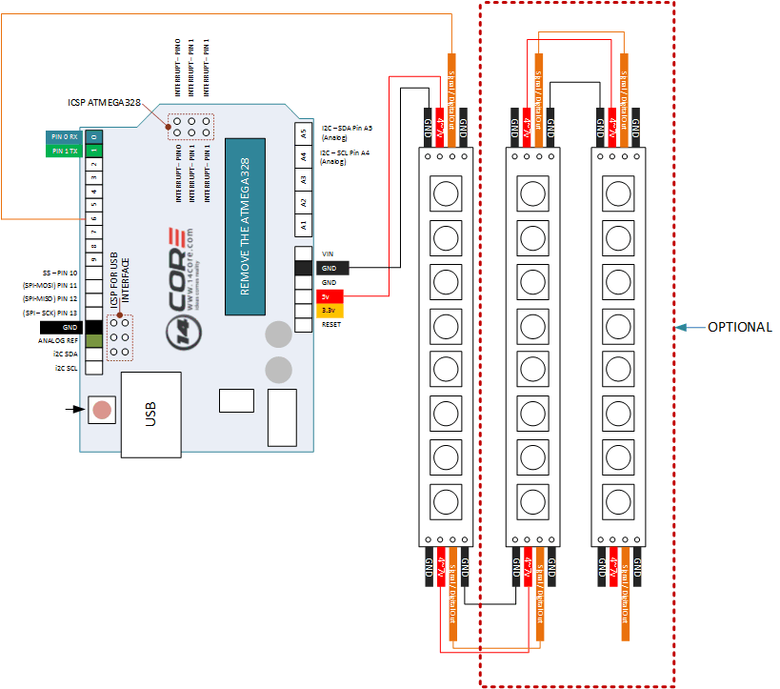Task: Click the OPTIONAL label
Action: pyautogui.click(x=739, y=327)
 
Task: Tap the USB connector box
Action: pyautogui.click(x=150, y=414)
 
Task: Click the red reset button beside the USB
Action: pyautogui.click(x=100, y=411)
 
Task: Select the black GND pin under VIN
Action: pyautogui.click(x=329, y=269)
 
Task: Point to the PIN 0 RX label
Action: pyautogui.click(x=65, y=136)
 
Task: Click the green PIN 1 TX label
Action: pyautogui.click(x=65, y=151)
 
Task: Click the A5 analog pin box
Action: pyautogui.click(x=303, y=132)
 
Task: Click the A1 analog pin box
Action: pyautogui.click(x=303, y=225)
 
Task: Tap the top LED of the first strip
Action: pyautogui.click(x=445, y=193)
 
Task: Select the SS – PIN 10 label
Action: pyautogui.click(x=60, y=273)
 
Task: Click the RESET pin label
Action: pyautogui.click(x=332, y=324)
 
